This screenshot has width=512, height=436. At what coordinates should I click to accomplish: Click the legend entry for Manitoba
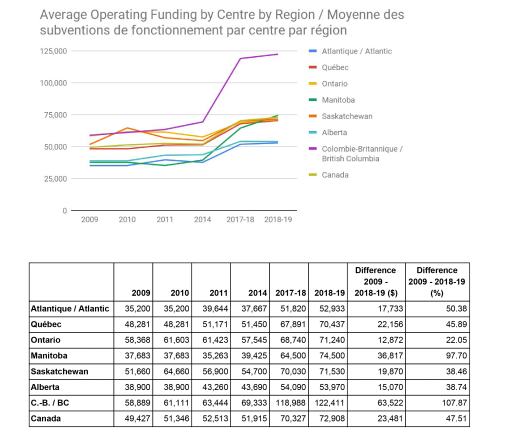pyautogui.click(x=338, y=100)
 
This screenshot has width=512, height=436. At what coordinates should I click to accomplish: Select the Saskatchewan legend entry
pyautogui.click(x=346, y=116)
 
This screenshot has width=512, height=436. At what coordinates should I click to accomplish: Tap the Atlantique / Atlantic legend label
pyautogui.click(x=356, y=51)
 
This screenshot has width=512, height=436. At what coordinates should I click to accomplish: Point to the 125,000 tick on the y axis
pyautogui.click(x=53, y=51)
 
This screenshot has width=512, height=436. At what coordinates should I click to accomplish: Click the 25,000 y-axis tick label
pyautogui.click(x=55, y=178)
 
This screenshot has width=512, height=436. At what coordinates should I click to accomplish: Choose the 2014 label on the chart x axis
pyautogui.click(x=202, y=219)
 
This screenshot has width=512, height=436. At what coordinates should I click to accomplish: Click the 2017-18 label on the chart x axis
pyautogui.click(x=240, y=219)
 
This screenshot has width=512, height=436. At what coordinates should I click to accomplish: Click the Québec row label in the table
pyautogui.click(x=46, y=324)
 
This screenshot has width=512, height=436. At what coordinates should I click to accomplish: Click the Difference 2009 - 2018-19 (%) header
pyautogui.click(x=437, y=282)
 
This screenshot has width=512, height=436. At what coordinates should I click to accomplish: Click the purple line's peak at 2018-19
pyautogui.click(x=277, y=54)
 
